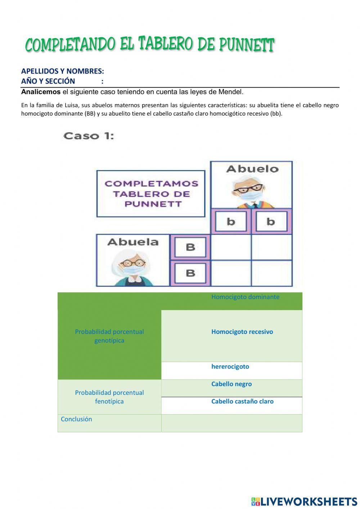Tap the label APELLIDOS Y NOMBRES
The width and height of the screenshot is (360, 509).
click(63, 71)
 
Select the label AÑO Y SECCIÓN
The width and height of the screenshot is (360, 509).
click(48, 81)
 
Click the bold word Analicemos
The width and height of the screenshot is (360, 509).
click(41, 92)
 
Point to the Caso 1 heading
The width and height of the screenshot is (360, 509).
click(89, 136)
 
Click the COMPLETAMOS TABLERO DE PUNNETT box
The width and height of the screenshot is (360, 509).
click(151, 193)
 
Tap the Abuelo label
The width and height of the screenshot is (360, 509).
click(252, 169)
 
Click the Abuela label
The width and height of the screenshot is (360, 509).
click(133, 242)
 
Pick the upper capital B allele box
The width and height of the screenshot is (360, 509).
click(190, 247)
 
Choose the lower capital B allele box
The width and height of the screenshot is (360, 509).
click(190, 273)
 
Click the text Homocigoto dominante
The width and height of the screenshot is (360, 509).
click(245, 297)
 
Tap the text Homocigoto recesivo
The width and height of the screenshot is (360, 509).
click(242, 332)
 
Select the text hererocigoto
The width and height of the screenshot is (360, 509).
click(230, 367)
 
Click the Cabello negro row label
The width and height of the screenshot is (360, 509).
click(231, 384)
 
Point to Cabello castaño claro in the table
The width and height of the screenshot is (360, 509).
click(242, 401)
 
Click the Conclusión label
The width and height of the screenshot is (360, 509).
click(76, 419)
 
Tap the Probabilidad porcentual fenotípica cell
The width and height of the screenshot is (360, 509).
click(109, 397)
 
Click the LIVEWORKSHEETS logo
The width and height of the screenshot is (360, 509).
click(304, 501)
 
